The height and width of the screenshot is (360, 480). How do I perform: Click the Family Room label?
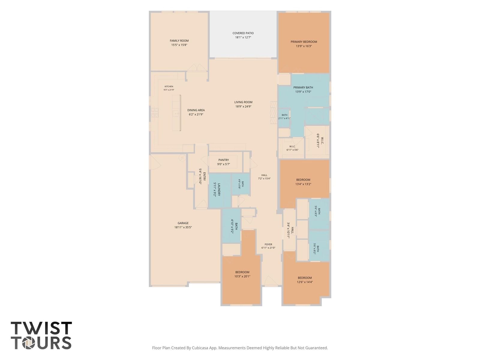pyautogui.click(x=179, y=41)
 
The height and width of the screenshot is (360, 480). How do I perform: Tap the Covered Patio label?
pyautogui.click(x=243, y=33)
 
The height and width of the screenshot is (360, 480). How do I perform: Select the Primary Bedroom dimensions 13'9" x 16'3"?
pyautogui.click(x=304, y=46)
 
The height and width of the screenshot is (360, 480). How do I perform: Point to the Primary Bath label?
pyautogui.click(x=303, y=87)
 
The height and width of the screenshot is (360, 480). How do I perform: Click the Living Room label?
pyautogui.click(x=243, y=102)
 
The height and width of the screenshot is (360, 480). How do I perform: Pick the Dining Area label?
pyautogui.click(x=196, y=110)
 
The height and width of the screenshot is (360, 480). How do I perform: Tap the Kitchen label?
pyautogui.click(x=169, y=87)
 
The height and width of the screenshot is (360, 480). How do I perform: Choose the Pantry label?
pyautogui.click(x=223, y=160)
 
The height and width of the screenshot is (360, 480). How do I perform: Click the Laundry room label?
pyautogui.click(x=219, y=189)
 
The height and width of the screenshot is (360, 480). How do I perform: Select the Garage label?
pyautogui.click(x=183, y=223)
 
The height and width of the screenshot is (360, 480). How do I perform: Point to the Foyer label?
pyautogui.click(x=268, y=244)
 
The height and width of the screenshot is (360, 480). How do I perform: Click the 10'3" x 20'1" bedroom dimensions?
pyautogui.click(x=242, y=276)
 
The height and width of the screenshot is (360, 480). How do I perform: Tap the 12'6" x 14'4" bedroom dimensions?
pyautogui.click(x=304, y=282)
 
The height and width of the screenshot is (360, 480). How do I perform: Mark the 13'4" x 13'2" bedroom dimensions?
pyautogui.click(x=303, y=184)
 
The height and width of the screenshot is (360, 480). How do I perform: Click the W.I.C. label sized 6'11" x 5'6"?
pyautogui.click(x=292, y=146)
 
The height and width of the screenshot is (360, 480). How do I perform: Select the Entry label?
pyautogui.click(x=204, y=176)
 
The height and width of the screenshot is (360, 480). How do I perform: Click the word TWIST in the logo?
pyautogui.click(x=41, y=328)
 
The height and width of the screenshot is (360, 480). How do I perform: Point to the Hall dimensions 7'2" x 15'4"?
pyautogui.click(x=264, y=178)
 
